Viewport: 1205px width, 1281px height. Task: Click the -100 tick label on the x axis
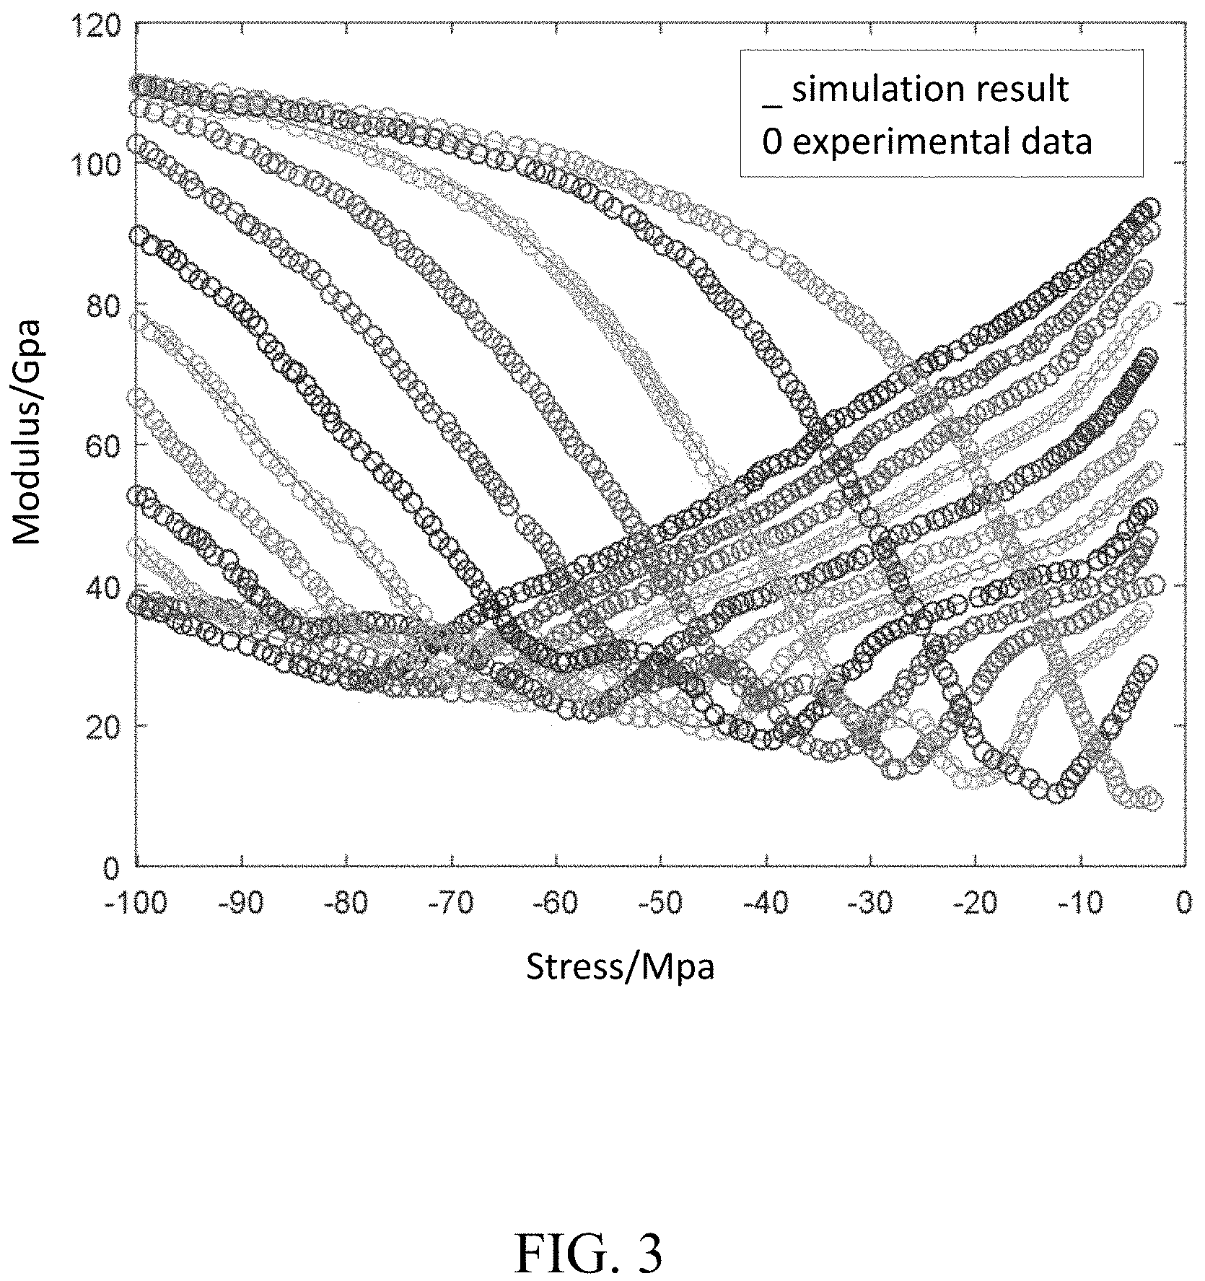(136, 903)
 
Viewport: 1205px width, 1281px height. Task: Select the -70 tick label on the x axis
(452, 903)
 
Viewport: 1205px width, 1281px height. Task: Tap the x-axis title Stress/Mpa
(621, 967)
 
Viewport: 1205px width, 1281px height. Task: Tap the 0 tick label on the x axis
(1184, 903)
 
